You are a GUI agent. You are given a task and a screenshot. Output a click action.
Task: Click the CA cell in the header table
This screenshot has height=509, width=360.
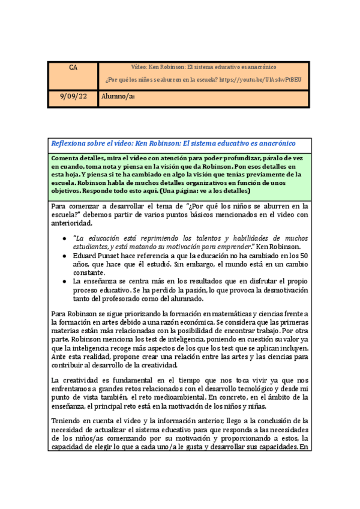click(x=73, y=67)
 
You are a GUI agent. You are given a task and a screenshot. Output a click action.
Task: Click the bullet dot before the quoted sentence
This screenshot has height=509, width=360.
click(x=65, y=239)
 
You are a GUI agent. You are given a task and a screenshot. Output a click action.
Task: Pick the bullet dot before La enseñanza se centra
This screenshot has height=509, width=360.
click(x=65, y=281)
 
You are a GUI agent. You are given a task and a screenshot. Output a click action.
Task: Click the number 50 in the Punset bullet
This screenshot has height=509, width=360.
click(x=303, y=255)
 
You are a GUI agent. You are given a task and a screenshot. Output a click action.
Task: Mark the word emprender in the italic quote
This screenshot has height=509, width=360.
click(x=215, y=247)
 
